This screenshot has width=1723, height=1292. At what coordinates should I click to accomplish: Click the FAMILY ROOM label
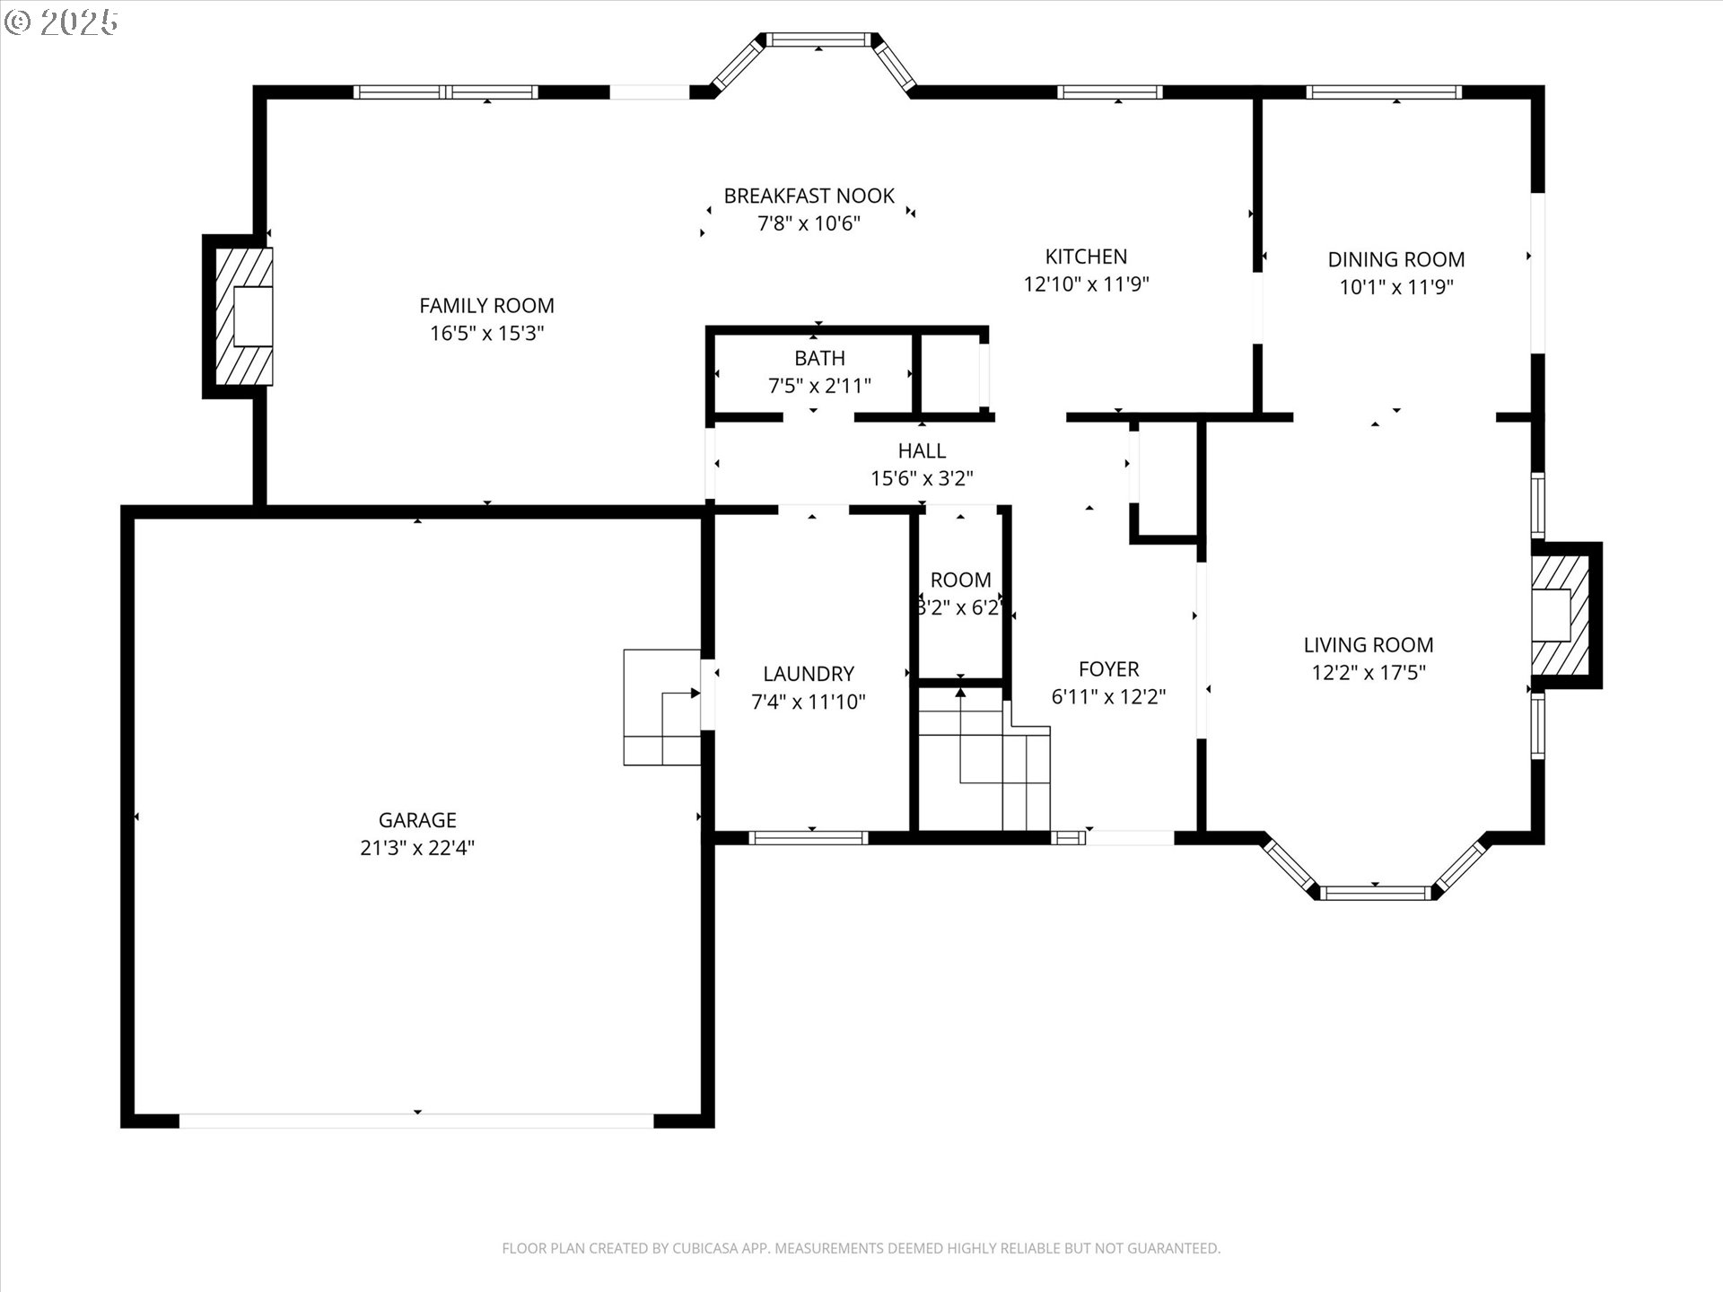pos(486,306)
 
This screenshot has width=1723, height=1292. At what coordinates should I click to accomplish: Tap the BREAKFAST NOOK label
pos(809,196)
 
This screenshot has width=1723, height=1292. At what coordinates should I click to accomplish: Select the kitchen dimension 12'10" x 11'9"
pos(1086,284)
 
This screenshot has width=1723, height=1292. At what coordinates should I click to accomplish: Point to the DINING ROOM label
pos(1396,259)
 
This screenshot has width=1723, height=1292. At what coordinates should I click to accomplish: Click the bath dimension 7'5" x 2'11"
pos(819,386)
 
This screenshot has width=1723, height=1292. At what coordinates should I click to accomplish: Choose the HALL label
pos(922,450)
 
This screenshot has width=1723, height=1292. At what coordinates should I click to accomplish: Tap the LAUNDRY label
pos(809,674)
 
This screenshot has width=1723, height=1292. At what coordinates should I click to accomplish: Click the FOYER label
pos(1109,669)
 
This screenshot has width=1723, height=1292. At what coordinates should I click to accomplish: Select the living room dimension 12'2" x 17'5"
pos(1369,673)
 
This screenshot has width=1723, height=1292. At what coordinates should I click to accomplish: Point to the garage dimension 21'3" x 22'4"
pos(417,848)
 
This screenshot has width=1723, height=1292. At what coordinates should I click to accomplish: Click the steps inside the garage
pos(662,707)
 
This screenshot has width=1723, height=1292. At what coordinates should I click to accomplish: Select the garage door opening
pos(416,1121)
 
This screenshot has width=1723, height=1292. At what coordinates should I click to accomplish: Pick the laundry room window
pos(809,838)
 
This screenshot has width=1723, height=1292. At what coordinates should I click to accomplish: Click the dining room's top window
pos(1384,92)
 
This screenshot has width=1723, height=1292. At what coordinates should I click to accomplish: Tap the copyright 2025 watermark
pos(61,22)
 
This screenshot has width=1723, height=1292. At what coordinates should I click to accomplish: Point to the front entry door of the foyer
pos(1129,838)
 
